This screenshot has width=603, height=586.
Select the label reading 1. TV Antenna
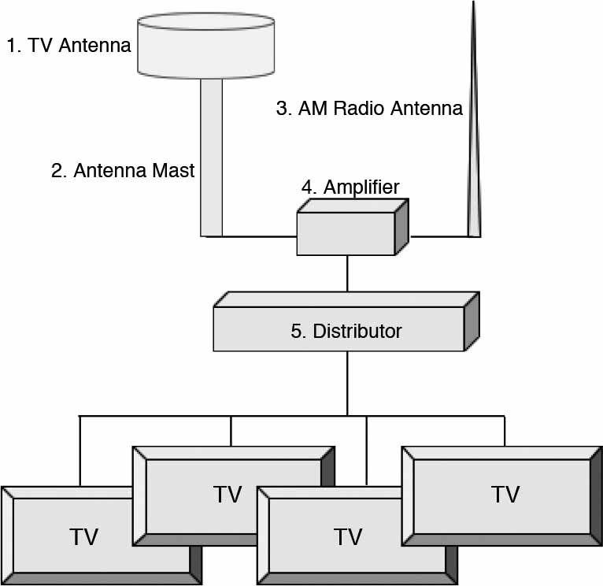(x=68, y=45)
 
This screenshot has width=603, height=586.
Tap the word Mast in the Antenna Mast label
(x=171, y=171)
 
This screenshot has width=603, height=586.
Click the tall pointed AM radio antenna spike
(x=474, y=158)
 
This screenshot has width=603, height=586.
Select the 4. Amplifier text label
(x=350, y=187)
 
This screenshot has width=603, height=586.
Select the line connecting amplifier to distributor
(x=347, y=273)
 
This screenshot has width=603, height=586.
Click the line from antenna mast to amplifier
(x=259, y=236)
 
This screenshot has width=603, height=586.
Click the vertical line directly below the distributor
(x=347, y=382)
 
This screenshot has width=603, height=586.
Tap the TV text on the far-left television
(x=83, y=537)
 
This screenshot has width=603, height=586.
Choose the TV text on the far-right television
(x=505, y=494)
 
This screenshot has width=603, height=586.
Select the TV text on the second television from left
(x=228, y=495)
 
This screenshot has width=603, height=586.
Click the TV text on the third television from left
(x=347, y=537)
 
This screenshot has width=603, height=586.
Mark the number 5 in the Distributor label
(x=297, y=331)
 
